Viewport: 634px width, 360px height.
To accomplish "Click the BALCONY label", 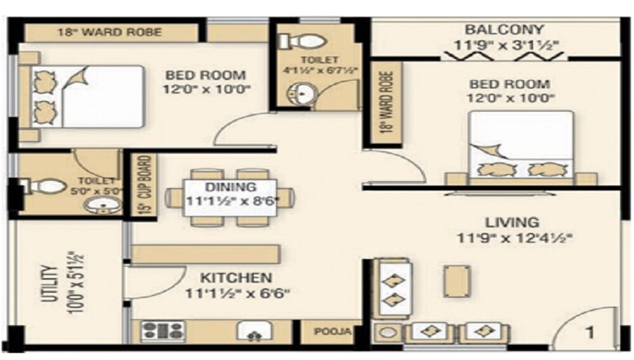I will [x=504, y=29].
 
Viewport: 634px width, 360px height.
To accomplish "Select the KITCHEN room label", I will [x=236, y=278].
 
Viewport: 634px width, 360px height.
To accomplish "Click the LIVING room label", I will [x=512, y=223].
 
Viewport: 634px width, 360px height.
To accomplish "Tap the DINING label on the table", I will [x=230, y=187].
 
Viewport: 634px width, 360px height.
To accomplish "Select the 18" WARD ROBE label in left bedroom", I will [x=109, y=32].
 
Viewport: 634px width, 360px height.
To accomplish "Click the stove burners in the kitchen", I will [x=162, y=330].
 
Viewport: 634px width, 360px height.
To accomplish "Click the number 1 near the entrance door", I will [x=589, y=331].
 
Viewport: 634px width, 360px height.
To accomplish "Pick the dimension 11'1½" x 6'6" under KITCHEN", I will [x=237, y=293].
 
